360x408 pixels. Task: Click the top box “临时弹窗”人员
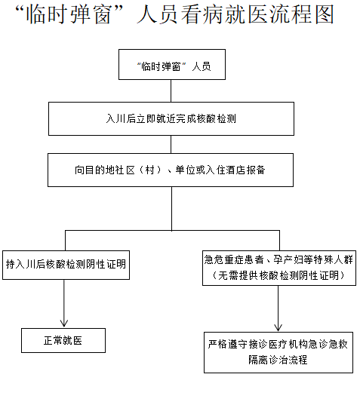pos(171,65)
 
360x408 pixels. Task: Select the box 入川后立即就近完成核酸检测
pos(171,118)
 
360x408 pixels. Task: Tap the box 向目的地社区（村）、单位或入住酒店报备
pos(171,170)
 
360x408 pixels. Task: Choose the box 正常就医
pos(63,341)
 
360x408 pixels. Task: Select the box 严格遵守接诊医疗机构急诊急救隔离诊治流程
pos(278,351)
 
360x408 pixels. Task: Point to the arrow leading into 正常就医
pos(65,313)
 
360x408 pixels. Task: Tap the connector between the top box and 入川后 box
pos(171,90)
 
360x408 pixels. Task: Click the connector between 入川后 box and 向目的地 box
pos(171,144)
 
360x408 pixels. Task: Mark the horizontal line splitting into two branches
pos(171,230)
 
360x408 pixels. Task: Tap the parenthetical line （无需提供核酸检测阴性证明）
pos(279,276)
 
